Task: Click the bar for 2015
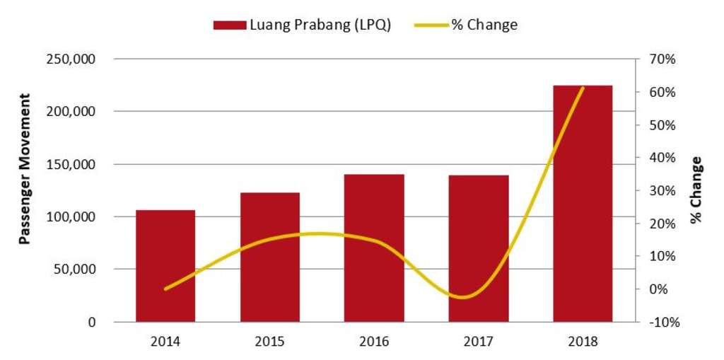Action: click(x=269, y=257)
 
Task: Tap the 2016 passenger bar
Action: click(x=374, y=248)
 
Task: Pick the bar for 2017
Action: click(x=479, y=248)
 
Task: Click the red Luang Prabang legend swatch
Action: click(x=230, y=25)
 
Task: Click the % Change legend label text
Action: click(x=484, y=25)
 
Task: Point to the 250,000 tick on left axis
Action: click(x=70, y=59)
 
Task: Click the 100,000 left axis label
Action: click(x=70, y=217)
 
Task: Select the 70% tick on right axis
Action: click(x=662, y=59)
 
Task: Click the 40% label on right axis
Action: click(x=662, y=158)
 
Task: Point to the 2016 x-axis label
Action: click(x=374, y=342)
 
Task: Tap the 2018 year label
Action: click(x=583, y=342)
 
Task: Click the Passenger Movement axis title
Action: click(x=24, y=168)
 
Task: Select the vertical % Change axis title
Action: click(x=697, y=190)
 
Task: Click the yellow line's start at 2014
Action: click(x=165, y=289)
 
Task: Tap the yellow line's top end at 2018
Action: click(x=583, y=88)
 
